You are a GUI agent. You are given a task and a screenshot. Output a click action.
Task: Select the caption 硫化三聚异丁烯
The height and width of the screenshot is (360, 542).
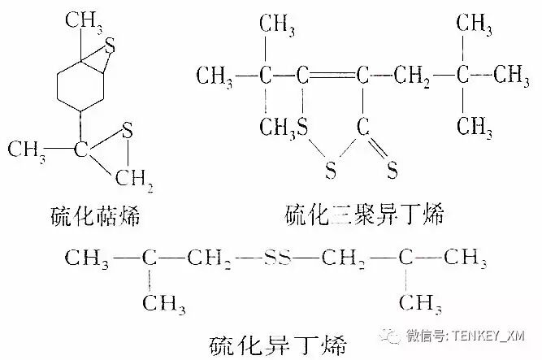coord(369,215)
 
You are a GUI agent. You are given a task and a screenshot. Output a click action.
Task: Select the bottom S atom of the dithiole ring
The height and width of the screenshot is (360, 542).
coord(331,171)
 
